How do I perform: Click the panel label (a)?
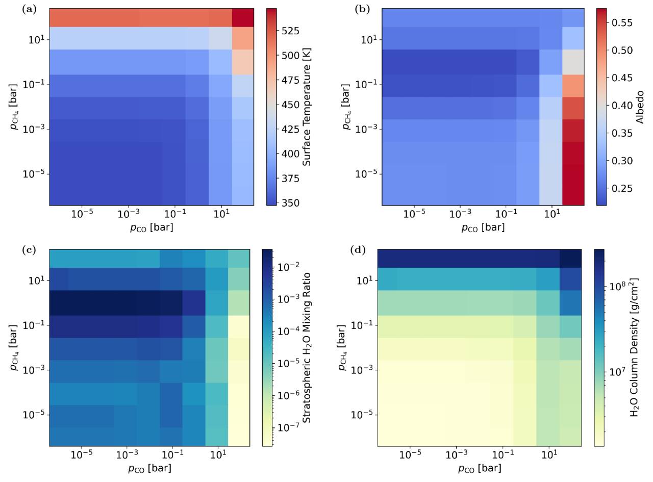[x=30, y=10]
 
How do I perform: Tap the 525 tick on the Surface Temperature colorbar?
[x=290, y=31]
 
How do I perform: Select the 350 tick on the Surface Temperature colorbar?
[x=290, y=202]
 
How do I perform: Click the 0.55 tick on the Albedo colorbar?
[x=622, y=22]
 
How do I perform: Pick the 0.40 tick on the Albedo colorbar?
[x=622, y=105]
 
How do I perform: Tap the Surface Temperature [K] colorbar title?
[x=307, y=107]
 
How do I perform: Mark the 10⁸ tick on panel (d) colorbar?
[x=616, y=286]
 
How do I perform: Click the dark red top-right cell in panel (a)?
[x=243, y=18]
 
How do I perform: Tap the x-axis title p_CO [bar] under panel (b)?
[x=483, y=227]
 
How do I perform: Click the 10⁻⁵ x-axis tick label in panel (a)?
[x=82, y=214]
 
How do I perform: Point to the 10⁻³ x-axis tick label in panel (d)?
[x=456, y=454]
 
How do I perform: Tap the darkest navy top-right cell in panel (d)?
[x=570, y=259]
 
